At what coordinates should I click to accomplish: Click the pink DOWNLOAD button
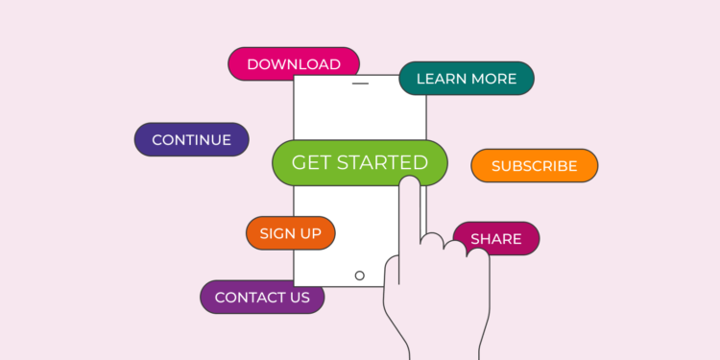[x=293, y=64]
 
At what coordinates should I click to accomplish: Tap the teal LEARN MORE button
[x=467, y=79]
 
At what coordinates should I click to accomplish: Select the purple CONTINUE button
[x=191, y=140]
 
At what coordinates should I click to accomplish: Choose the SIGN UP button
[x=290, y=233]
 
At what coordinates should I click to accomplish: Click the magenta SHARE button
[x=496, y=239]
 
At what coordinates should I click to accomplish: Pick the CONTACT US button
[x=262, y=298]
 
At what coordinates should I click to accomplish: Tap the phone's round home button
[x=360, y=276]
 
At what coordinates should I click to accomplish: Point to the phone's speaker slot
[x=360, y=84]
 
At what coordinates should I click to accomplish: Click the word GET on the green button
[x=311, y=163]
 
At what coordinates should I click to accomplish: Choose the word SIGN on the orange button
[x=276, y=233]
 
